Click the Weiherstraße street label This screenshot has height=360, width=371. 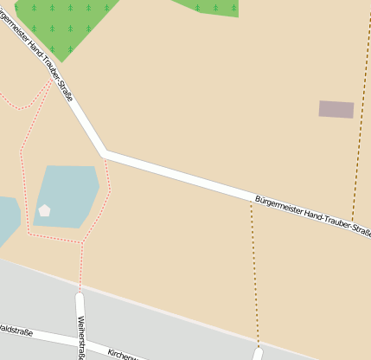point(82,337)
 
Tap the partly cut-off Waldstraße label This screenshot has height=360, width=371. point(16,330)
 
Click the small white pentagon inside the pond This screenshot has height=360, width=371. point(44,210)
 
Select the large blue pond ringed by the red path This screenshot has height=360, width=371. point(67,195)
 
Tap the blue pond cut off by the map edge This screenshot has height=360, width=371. point(6,218)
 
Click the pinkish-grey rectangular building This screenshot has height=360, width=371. point(336,109)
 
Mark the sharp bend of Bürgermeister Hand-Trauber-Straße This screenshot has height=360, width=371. point(104,153)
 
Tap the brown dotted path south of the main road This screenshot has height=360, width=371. point(255,277)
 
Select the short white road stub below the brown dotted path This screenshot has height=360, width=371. point(257,354)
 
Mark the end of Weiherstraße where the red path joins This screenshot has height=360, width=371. point(80,295)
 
